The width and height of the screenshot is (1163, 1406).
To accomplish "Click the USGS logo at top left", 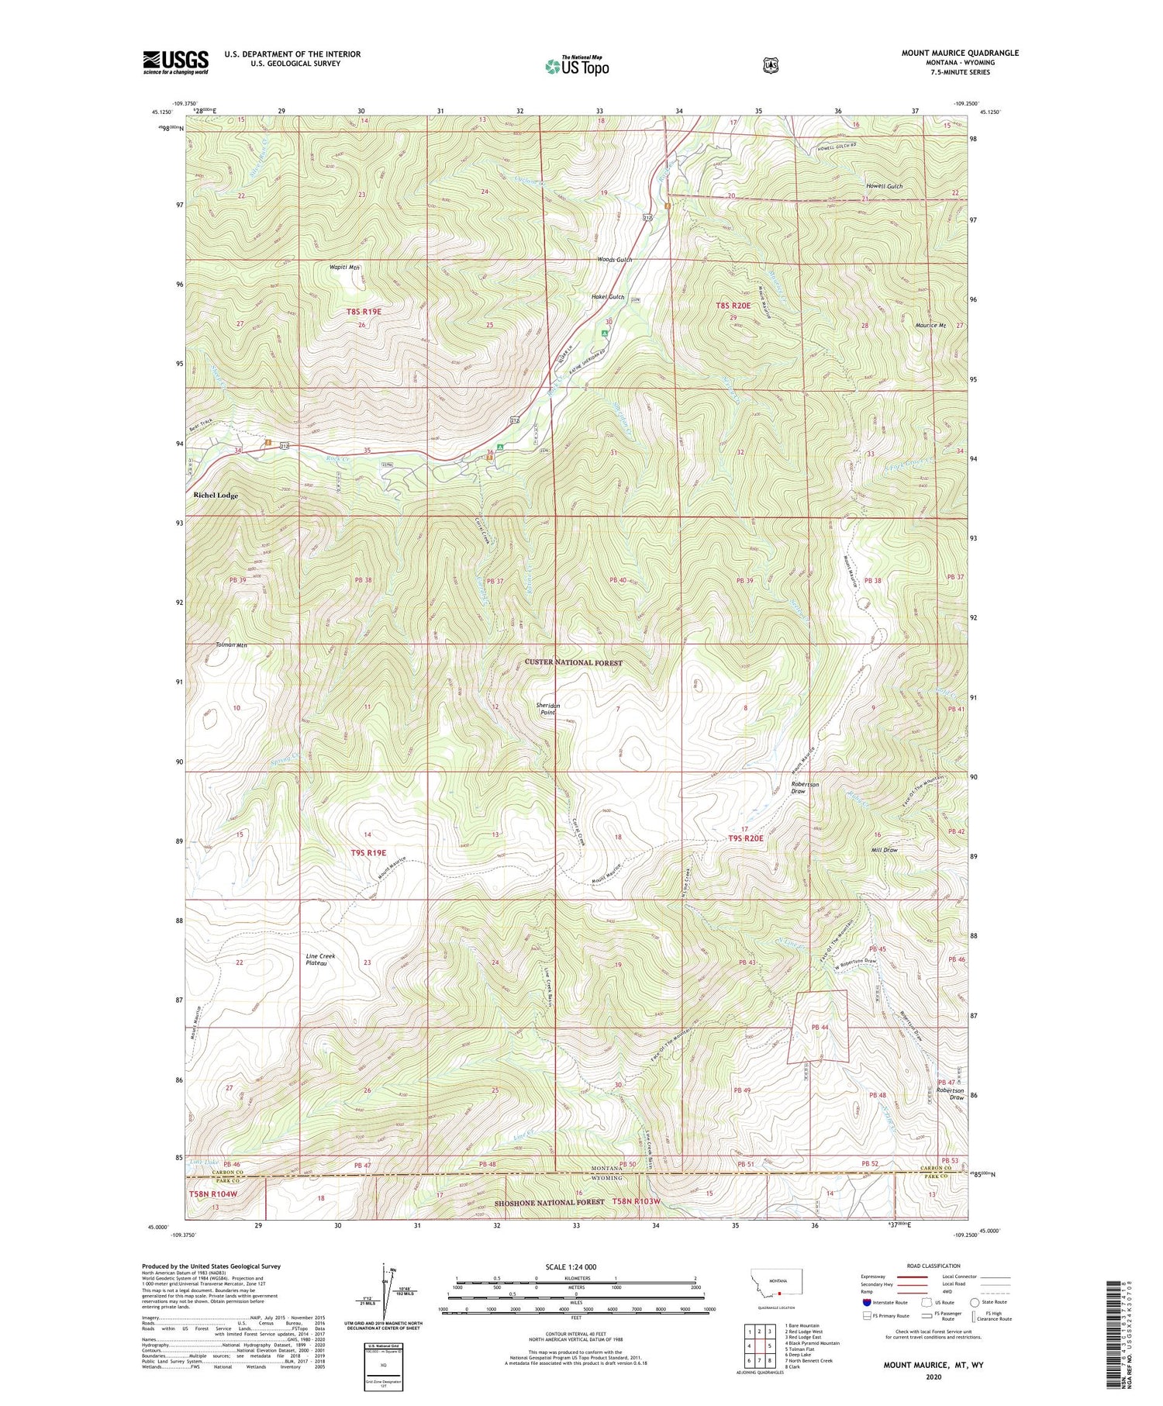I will point(175,62).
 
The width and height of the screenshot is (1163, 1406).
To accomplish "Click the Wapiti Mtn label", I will point(346,267).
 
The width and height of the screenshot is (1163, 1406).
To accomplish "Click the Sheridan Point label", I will point(548,708).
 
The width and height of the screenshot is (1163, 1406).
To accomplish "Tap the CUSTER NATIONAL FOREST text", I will point(573,662).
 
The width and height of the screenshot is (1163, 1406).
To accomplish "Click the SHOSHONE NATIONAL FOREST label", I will point(550,1224).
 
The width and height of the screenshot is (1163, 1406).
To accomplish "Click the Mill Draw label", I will point(885,850).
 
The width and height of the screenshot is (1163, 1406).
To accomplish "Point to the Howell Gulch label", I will point(884,187).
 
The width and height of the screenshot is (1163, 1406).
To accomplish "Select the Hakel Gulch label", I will point(608,297).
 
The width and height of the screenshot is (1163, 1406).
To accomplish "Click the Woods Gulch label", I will point(614,260).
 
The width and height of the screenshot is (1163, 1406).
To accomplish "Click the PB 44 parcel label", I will point(820,1027).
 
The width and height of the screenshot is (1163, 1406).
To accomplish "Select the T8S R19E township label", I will point(364,311).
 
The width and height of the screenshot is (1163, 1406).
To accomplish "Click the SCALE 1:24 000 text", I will point(575,1266).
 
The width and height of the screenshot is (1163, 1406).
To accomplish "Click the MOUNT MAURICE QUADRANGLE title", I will point(960,53).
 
